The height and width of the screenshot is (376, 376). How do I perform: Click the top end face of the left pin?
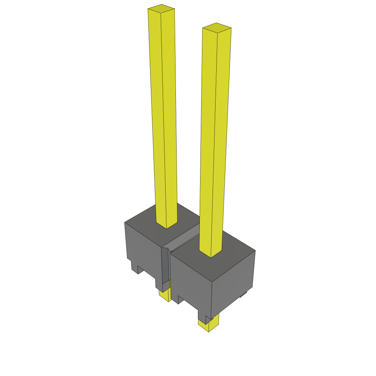point(161,9)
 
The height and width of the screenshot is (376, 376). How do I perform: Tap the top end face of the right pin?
point(217,28)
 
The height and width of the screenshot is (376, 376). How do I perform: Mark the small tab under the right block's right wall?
point(243,294)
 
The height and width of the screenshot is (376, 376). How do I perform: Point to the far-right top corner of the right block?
point(255,251)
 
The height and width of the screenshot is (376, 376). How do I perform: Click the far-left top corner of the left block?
point(125,223)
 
